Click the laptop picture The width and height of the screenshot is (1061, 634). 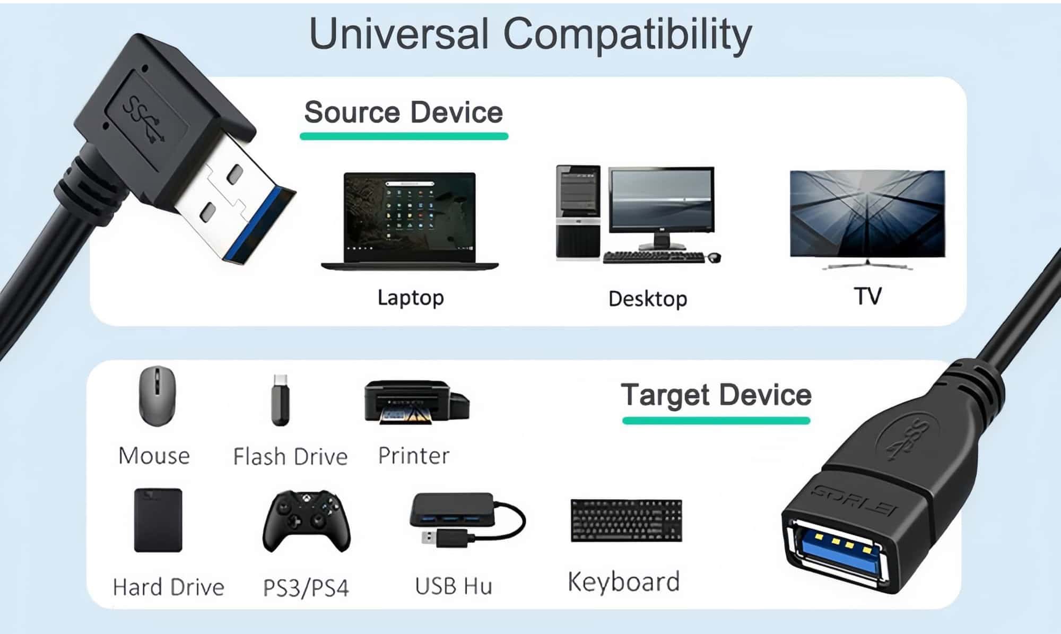point(410,221)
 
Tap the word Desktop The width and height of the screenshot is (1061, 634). point(648,299)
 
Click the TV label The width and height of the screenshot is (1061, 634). point(867,296)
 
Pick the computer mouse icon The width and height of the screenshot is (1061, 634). point(157,396)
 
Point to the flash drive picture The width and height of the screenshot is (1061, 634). point(281,400)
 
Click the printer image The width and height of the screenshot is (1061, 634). point(416,402)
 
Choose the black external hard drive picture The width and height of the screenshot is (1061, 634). point(158,520)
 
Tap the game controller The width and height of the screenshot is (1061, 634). point(307,522)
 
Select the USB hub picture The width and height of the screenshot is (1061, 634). point(467,518)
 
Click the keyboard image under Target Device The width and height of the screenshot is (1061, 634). point(626,520)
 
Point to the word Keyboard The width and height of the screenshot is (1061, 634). point(624,581)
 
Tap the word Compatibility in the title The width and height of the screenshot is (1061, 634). point(627,34)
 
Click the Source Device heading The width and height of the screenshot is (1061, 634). point(404,112)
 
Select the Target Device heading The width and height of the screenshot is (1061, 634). point(716,395)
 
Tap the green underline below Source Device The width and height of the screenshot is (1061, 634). point(404,136)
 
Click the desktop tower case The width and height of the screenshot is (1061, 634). point(578,212)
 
